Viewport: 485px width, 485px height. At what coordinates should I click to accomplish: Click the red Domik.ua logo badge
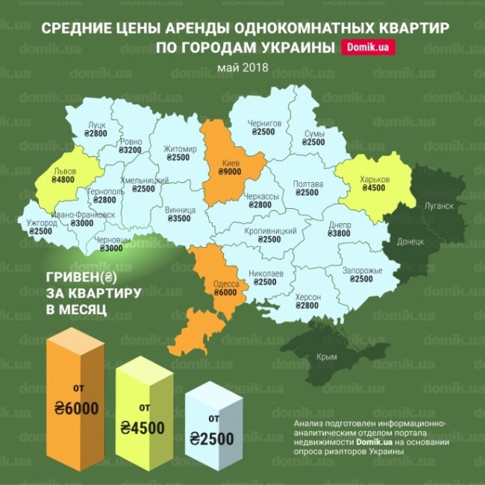368,48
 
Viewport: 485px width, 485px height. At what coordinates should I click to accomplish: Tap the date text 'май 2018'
243,69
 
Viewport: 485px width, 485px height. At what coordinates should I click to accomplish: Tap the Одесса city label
226,284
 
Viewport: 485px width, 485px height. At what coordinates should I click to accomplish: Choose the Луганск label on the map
440,205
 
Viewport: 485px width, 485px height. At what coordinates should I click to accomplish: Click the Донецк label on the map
410,242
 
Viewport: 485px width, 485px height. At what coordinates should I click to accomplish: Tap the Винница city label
181,210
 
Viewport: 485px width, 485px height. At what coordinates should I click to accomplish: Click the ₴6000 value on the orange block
76,408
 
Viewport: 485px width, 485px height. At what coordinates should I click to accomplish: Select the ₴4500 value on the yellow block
140,428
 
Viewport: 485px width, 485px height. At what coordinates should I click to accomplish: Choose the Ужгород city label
42,222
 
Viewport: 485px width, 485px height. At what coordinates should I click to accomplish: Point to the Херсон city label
307,296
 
